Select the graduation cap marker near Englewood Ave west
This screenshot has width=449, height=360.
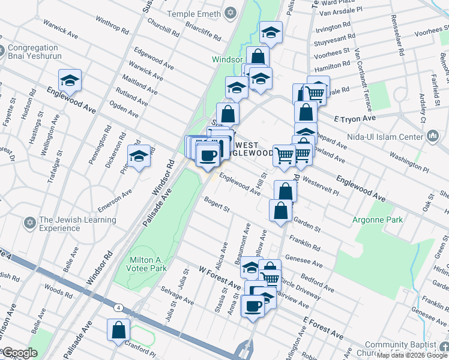click(70, 80)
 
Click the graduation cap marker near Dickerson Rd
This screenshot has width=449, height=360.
click(139, 157)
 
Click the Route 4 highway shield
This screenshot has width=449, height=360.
click(119, 308)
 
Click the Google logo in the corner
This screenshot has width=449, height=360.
click(20, 353)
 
